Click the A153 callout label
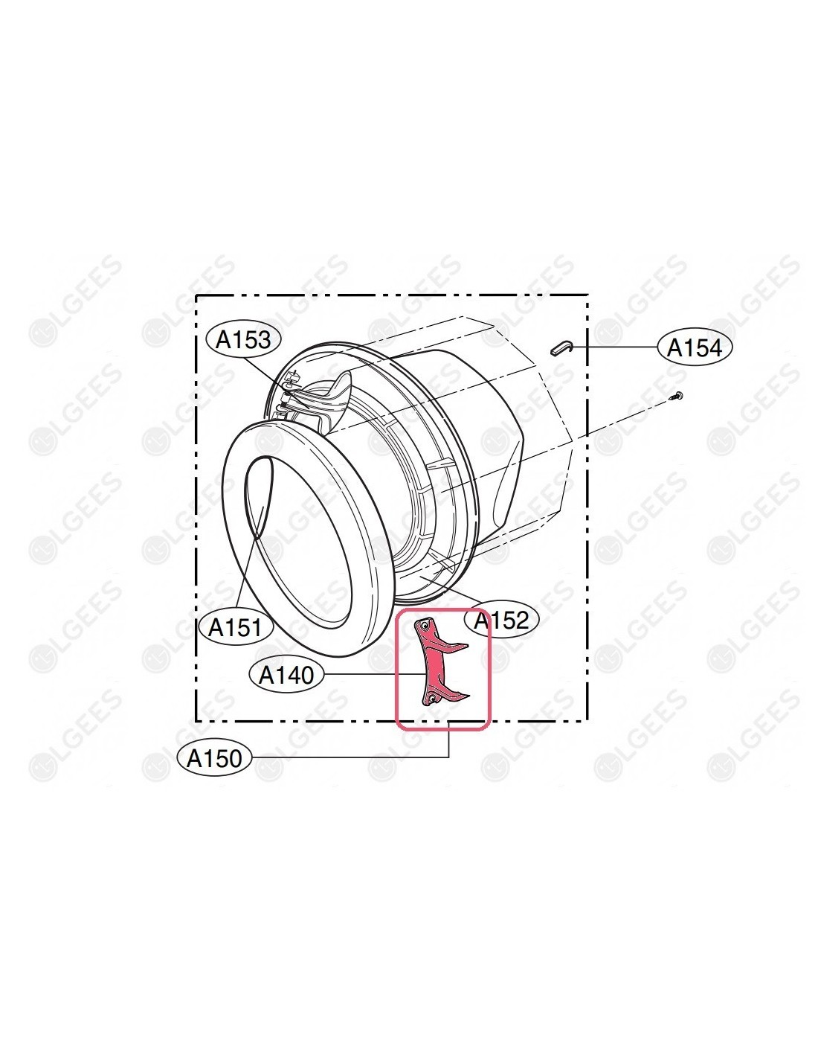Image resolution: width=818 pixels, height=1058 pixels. (x=243, y=340)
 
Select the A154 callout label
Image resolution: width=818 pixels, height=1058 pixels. (x=695, y=347)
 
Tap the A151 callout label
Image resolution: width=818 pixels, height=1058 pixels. (x=236, y=627)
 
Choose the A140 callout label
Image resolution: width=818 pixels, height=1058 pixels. (x=286, y=675)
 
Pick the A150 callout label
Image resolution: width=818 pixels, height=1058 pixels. (x=215, y=758)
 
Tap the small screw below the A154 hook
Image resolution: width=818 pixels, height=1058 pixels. (x=676, y=396)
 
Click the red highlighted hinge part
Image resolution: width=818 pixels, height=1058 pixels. (x=437, y=662)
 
